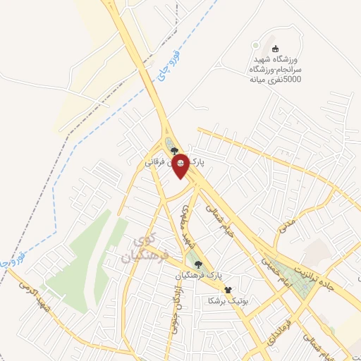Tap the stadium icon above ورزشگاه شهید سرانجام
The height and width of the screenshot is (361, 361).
(274, 47)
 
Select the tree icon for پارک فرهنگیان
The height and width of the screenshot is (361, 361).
(199, 264)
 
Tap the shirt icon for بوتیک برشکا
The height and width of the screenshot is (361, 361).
(227, 290)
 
